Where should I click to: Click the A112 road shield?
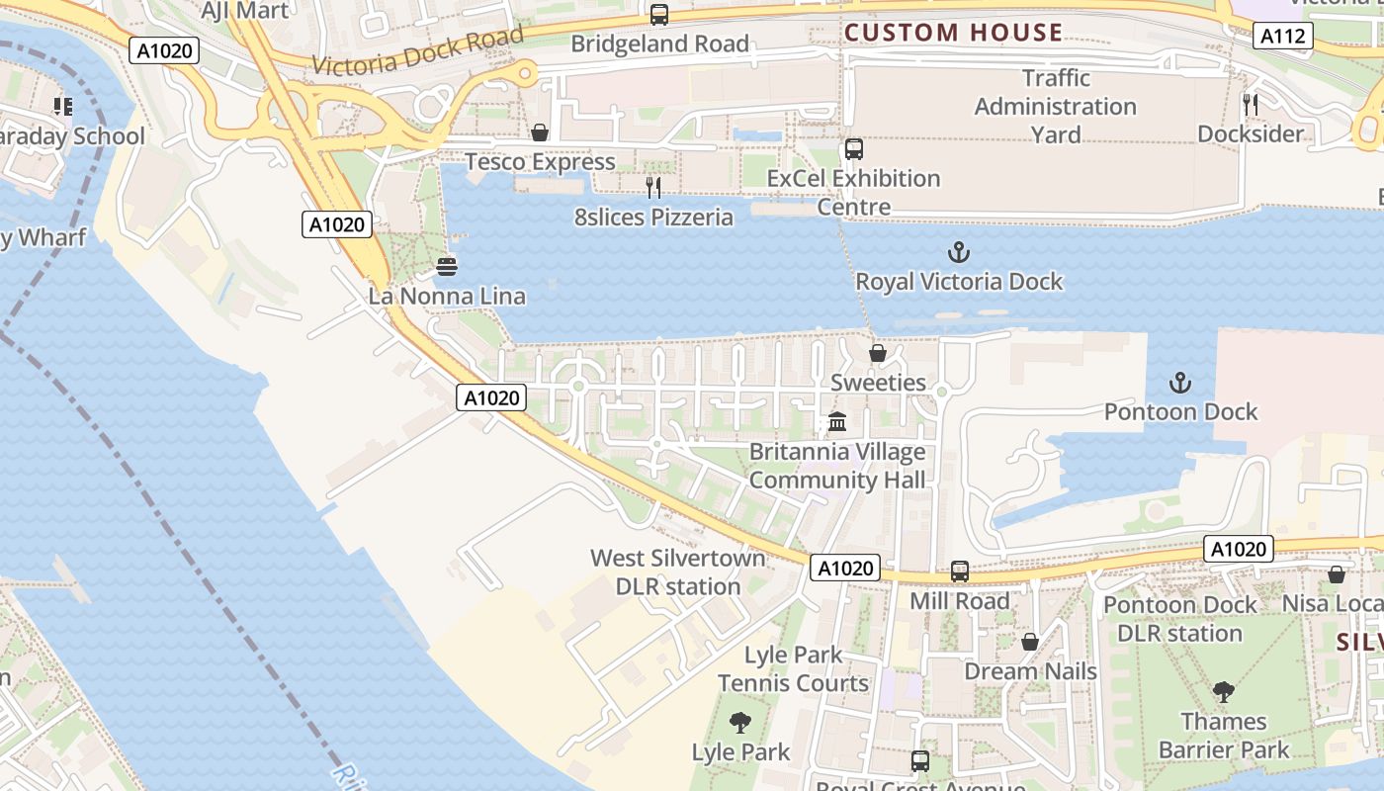coord(1283,38)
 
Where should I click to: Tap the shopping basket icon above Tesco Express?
coord(540,132)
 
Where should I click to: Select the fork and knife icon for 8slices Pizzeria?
coord(652,188)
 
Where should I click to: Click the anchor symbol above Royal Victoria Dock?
coord(958,252)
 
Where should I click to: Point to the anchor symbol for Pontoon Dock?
coord(1179,383)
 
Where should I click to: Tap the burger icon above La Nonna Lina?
coord(446,267)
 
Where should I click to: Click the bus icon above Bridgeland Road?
coord(658,15)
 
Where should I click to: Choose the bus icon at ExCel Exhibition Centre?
coord(854,149)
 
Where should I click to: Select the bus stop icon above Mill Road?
coord(959,571)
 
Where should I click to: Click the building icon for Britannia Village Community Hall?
coord(837,422)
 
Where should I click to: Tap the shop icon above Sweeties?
coord(877,353)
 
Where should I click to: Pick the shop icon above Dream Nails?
coord(1029,643)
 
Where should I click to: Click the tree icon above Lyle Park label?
coord(739,723)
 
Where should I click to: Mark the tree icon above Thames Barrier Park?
coord(1223,692)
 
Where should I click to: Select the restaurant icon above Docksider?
coord(1250,105)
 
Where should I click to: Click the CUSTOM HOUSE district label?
coord(953,33)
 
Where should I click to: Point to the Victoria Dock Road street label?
coord(418,52)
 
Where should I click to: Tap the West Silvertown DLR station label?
coord(678,572)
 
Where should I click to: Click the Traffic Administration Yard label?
coord(1055,106)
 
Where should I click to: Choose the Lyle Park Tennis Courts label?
coord(793,668)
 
